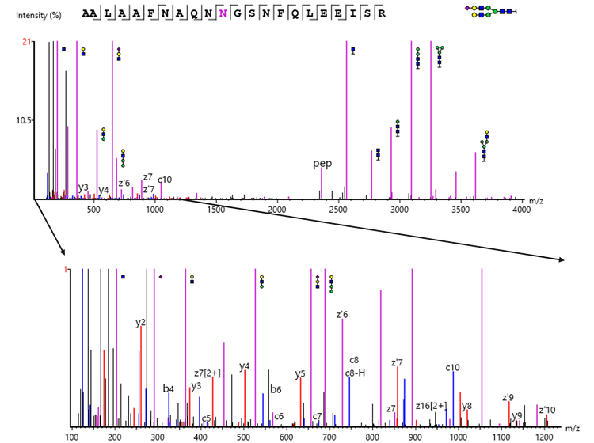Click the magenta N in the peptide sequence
pos(225,13)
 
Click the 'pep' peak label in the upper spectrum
pos(322,164)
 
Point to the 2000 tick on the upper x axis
pos(277,209)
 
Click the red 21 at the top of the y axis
pos(25,43)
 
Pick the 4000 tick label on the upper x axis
pos(520,209)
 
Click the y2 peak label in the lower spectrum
pos(140,322)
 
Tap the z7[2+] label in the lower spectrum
pos(208,373)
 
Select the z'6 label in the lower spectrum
pos(342,314)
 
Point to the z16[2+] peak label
pos(432,406)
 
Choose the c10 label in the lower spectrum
pos(453,367)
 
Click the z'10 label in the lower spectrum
pos(547,409)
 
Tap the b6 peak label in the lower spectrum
pos(276,389)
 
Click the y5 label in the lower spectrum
pos(300,373)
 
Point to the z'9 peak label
pos(508,397)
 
